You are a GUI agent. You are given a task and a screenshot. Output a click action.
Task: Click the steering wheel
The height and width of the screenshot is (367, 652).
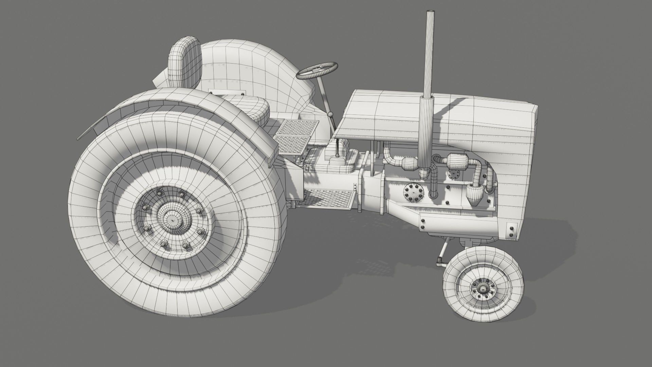318,70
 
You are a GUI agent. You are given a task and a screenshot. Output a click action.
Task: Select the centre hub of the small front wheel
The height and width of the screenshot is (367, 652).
482,289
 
